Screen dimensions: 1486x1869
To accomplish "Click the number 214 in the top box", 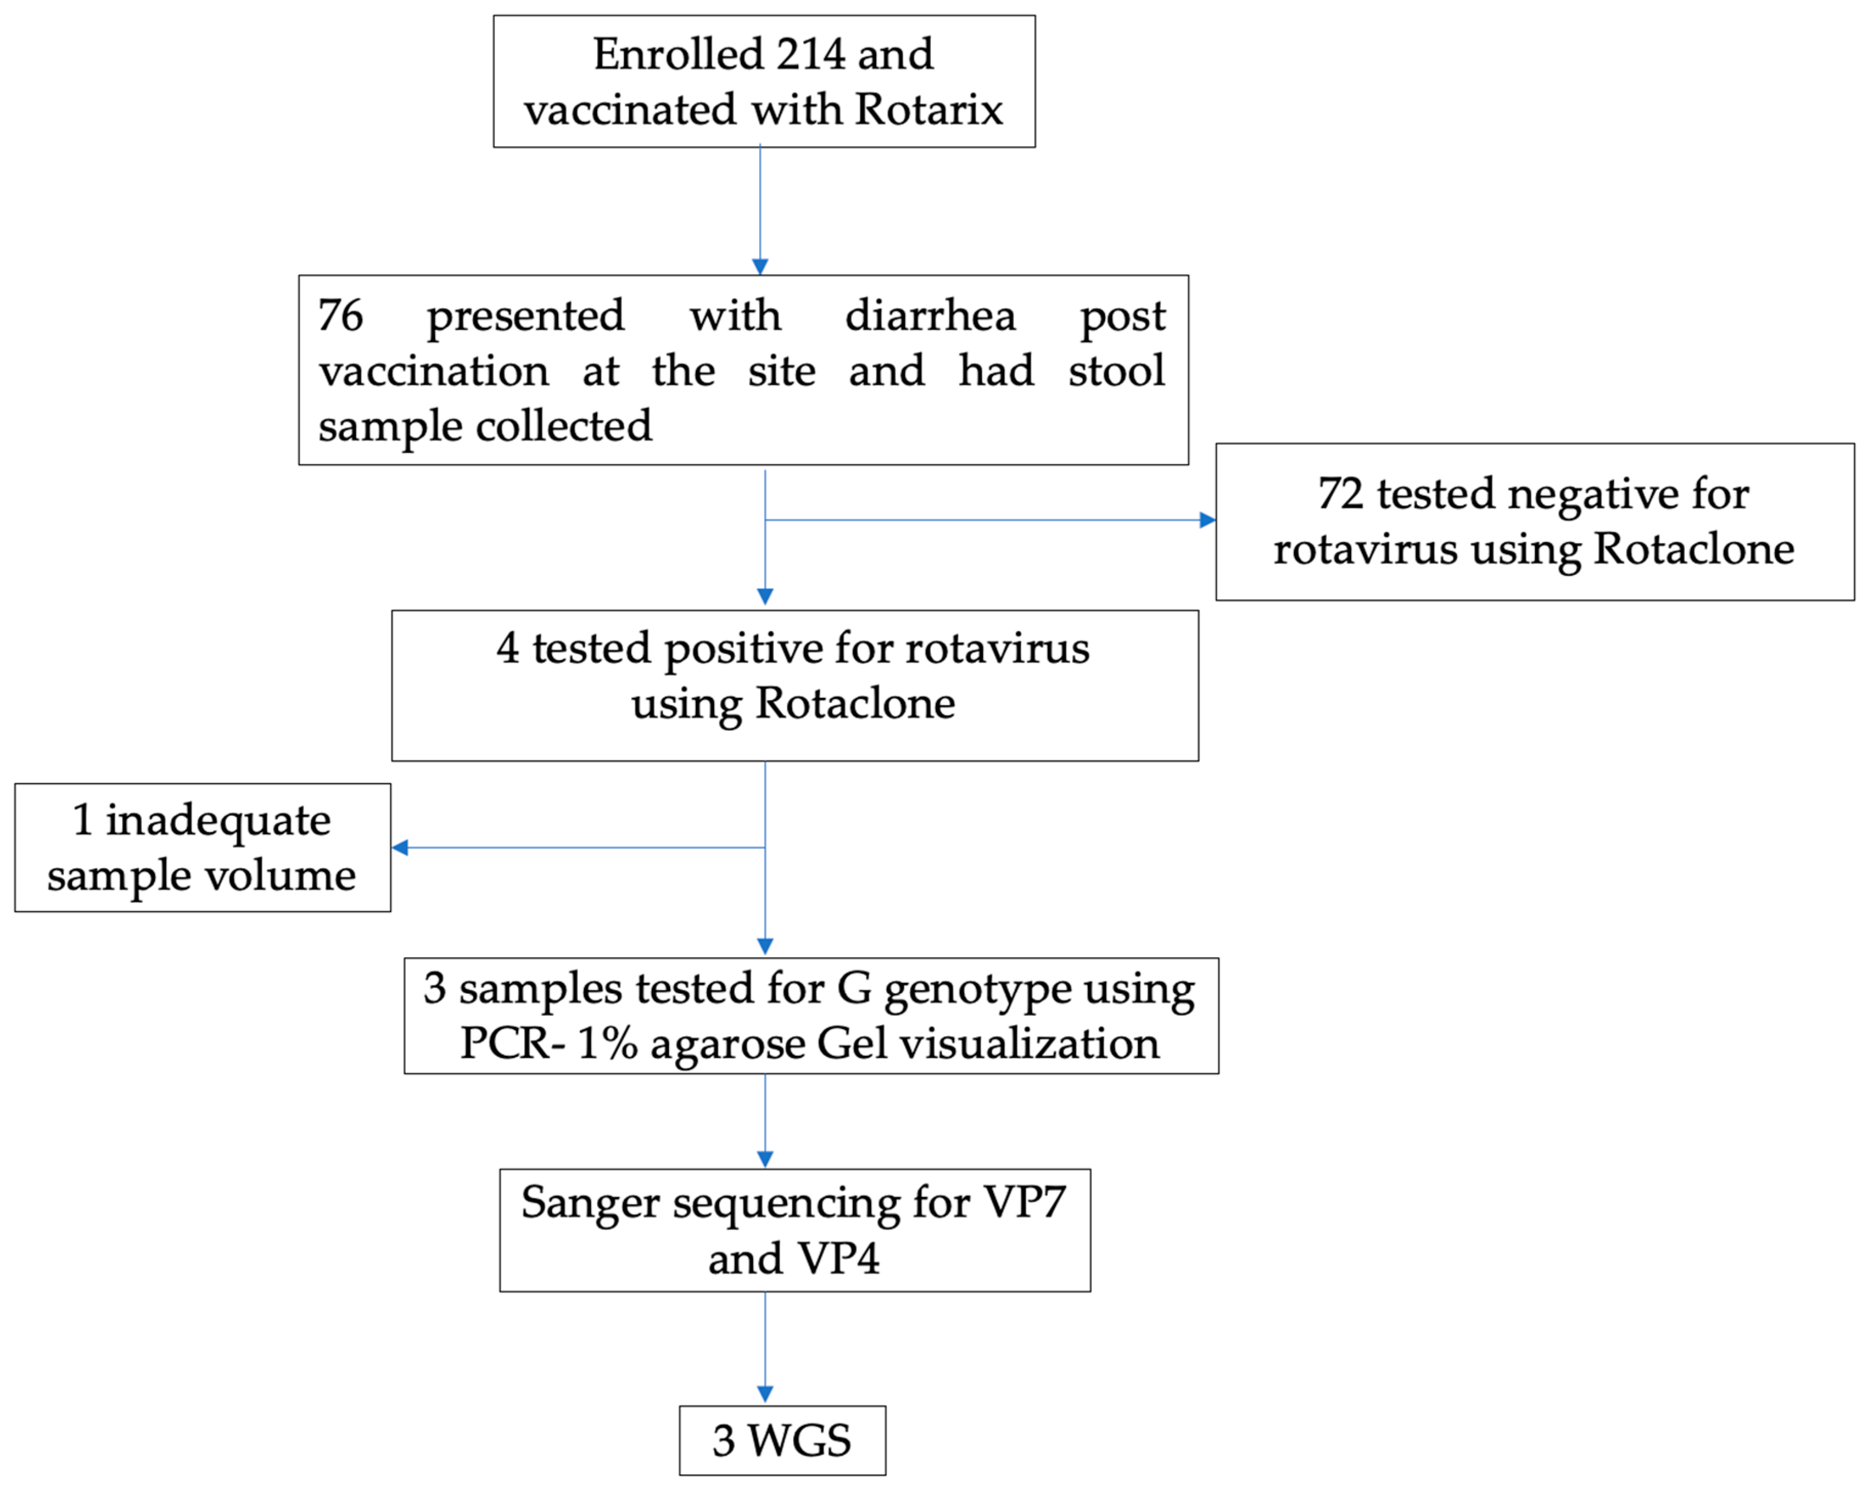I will (x=810, y=54).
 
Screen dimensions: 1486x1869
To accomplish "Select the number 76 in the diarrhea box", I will (x=340, y=315).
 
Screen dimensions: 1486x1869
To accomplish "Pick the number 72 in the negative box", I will (x=1340, y=494).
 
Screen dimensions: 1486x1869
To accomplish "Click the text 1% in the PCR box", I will (x=607, y=1043).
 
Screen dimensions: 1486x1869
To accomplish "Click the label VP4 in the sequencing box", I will (x=838, y=1258).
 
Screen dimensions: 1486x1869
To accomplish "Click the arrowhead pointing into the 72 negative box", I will (x=1207, y=520).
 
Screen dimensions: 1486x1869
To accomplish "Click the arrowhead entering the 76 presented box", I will (x=760, y=266).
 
